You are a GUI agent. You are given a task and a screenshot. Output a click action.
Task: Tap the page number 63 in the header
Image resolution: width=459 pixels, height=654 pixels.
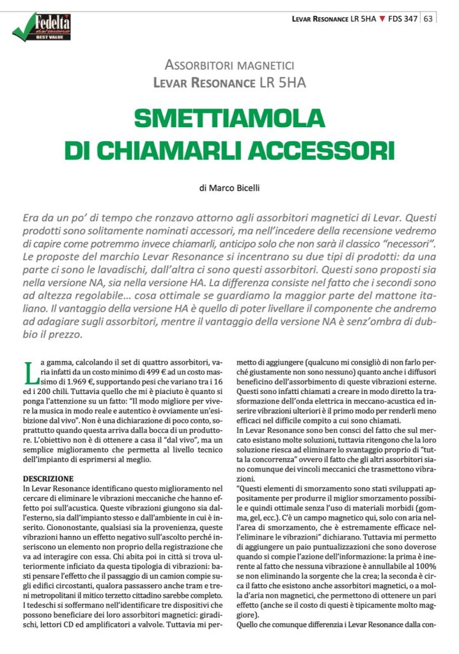point(428,19)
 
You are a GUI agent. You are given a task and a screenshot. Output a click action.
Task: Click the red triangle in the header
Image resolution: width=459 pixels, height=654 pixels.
point(382,19)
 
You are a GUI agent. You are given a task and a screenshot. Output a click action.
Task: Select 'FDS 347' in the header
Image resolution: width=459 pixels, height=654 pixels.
point(403,19)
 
